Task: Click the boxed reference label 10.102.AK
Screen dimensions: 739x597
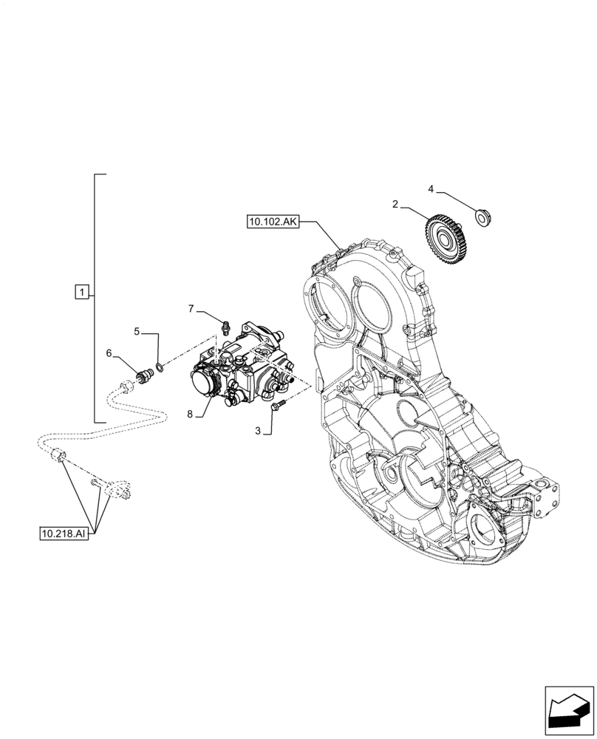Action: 273,221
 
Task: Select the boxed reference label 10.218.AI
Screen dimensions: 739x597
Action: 64,533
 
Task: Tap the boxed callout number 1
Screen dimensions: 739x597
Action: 82,292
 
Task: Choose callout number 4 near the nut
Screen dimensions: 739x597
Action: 431,189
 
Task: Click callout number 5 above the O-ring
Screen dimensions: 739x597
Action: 137,332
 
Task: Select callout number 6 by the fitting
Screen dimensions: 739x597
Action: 109,354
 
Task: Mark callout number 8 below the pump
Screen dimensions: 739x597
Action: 189,415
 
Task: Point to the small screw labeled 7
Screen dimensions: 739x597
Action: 225,325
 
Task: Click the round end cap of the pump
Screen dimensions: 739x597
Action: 202,384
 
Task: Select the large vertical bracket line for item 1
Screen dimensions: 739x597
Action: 96,296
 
